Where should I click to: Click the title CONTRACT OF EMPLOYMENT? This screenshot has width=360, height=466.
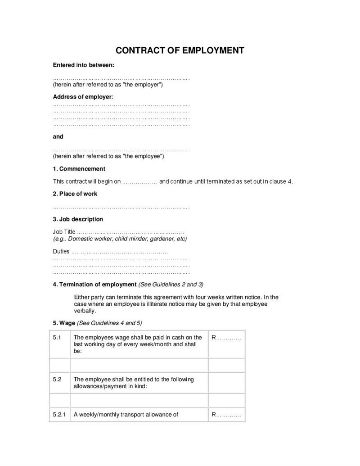click(180, 50)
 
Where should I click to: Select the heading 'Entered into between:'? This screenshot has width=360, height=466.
click(84, 65)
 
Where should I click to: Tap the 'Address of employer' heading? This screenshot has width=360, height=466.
click(83, 97)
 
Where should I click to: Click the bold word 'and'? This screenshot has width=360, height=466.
click(58, 136)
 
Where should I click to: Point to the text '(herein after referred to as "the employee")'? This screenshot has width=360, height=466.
click(108, 156)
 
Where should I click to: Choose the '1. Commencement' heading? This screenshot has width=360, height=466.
click(79, 169)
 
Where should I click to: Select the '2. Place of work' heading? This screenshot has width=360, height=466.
click(75, 194)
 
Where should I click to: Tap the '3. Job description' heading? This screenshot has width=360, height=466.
click(78, 219)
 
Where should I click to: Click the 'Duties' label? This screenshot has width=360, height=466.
click(61, 251)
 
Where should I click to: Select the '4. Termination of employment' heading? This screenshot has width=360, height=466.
click(94, 285)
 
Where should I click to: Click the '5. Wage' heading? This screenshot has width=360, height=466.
click(64, 323)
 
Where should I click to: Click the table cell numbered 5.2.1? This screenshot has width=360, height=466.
click(59, 415)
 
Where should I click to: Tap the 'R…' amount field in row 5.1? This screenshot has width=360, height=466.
click(226, 338)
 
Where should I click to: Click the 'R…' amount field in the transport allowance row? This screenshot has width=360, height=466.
click(226, 415)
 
